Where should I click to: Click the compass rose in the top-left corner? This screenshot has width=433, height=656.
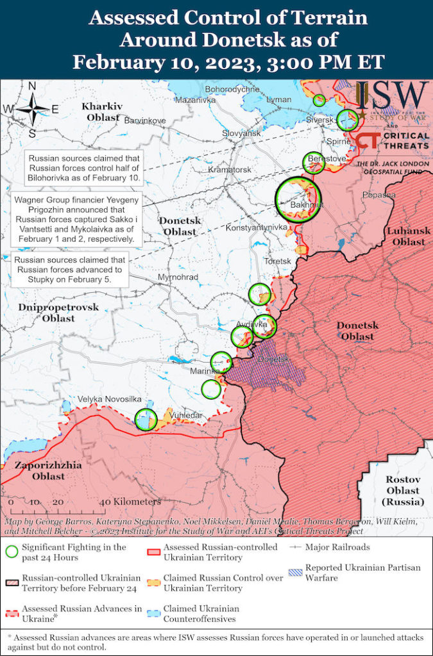(x=31, y=110)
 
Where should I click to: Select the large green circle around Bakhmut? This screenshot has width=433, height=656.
(x=298, y=199)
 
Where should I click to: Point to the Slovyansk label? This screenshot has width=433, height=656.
(x=241, y=133)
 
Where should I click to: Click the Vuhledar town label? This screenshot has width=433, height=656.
(x=186, y=415)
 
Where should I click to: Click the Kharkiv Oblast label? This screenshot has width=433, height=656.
(x=101, y=111)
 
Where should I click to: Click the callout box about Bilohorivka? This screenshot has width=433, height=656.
(x=83, y=168)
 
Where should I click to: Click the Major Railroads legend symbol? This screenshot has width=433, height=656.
(x=296, y=548)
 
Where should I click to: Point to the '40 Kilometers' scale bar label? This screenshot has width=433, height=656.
(x=130, y=502)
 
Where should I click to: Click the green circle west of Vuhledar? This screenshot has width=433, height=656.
(x=146, y=420)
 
